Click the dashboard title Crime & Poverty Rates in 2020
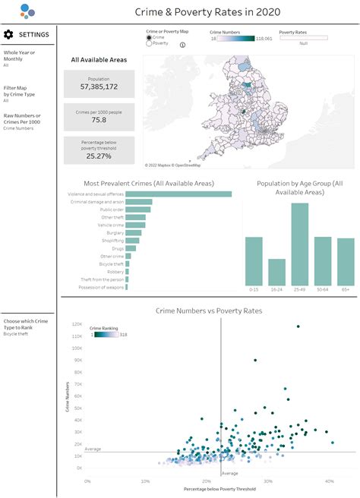tap(207, 11)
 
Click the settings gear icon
tap(8, 34)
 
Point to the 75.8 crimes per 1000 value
tap(99, 120)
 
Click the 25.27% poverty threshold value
tap(99, 156)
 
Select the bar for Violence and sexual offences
tap(178, 194)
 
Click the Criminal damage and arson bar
tap(138, 202)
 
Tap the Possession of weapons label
tap(103, 287)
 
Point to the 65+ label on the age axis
tap(346, 289)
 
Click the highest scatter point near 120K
tap(298, 326)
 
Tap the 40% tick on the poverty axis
tap(329, 481)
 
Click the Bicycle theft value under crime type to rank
tap(15, 333)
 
